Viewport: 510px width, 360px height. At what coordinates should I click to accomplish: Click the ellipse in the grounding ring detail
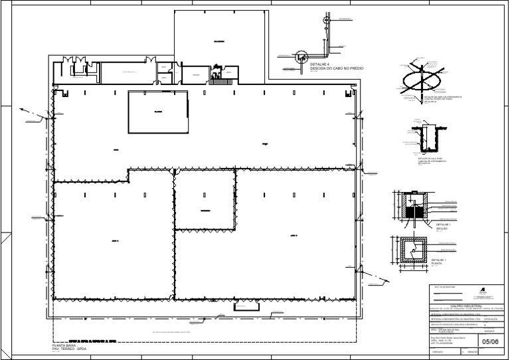(423, 80)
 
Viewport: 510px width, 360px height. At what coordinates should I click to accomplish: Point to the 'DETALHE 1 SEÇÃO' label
(443, 226)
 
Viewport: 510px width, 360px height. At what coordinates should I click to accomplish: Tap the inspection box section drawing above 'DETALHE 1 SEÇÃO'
(414, 208)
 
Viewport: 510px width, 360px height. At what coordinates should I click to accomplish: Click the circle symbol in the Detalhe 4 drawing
(299, 58)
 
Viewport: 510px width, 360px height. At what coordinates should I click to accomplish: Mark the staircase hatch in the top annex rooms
(215, 76)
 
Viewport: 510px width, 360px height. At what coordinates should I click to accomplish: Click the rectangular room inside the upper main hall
(157, 112)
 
